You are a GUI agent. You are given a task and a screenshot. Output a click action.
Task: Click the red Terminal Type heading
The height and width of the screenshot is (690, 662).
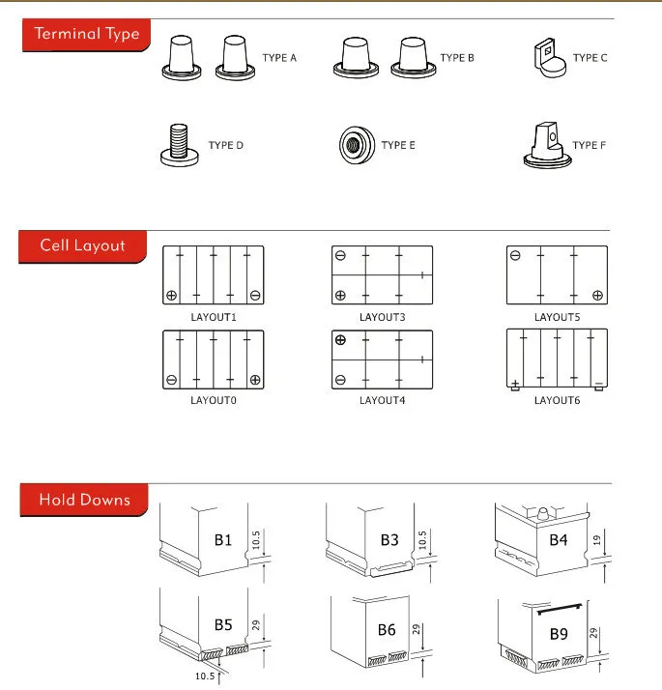coord(86,35)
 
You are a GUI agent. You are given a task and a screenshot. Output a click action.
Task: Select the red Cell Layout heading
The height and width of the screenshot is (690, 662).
coord(82,245)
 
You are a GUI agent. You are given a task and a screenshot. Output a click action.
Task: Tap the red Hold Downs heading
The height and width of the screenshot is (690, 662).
coord(83,501)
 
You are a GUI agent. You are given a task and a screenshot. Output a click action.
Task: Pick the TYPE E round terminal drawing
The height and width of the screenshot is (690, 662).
coord(354,145)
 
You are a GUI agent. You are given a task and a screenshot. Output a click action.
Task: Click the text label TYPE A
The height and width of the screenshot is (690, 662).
coord(279,58)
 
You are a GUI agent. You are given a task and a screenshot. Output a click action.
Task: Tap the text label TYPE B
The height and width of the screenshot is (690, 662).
coord(457,58)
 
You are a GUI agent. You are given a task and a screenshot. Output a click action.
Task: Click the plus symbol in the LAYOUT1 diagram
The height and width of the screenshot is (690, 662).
coord(171,295)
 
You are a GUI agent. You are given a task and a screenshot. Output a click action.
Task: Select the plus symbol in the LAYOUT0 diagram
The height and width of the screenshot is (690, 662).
coord(255,379)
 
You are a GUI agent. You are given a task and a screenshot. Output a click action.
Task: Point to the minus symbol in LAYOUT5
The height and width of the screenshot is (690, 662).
coord(515,256)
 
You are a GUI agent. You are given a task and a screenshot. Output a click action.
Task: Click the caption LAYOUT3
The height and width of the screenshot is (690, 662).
coord(382,317)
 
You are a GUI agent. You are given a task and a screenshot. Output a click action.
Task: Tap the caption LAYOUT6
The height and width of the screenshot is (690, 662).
coord(557,400)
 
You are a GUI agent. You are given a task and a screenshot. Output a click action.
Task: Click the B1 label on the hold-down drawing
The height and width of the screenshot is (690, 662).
coord(223,539)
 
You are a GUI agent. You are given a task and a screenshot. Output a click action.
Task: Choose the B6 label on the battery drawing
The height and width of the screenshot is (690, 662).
coord(387,630)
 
